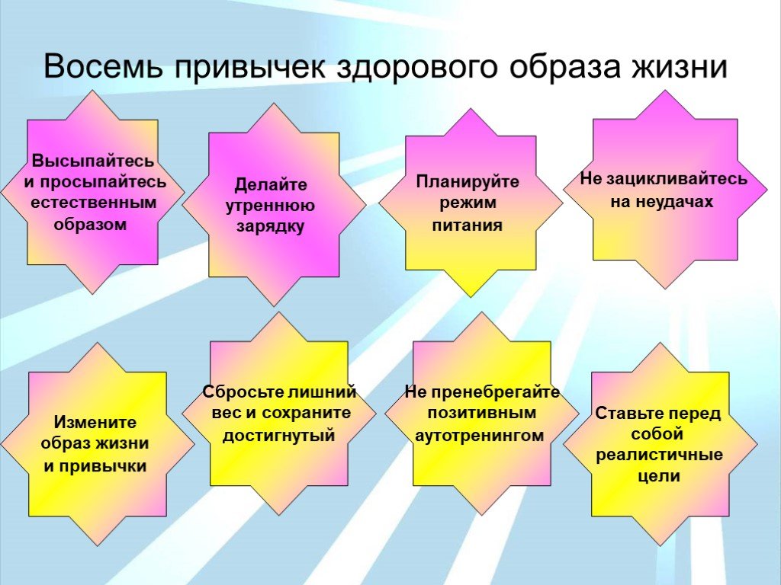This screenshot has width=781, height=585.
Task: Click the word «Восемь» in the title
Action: [103, 66]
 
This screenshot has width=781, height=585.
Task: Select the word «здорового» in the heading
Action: [417, 67]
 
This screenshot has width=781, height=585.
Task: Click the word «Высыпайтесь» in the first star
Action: [92, 161]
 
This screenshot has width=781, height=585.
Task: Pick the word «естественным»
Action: [94, 203]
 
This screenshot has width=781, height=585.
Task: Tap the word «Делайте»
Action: [271, 185]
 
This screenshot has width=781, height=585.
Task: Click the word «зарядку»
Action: [271, 226]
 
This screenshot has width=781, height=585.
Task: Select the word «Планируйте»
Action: [468, 182]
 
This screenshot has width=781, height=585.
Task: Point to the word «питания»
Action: [468, 225]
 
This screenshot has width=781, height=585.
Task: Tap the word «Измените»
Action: [95, 422]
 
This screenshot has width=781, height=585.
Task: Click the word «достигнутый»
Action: [278, 435]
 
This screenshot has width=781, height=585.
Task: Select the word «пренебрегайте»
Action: [496, 392]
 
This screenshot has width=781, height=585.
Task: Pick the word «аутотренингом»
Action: [479, 435]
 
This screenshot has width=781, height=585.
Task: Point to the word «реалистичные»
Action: [660, 456]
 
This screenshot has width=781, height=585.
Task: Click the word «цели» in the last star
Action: [659, 477]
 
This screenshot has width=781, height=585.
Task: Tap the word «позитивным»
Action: [482, 413]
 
